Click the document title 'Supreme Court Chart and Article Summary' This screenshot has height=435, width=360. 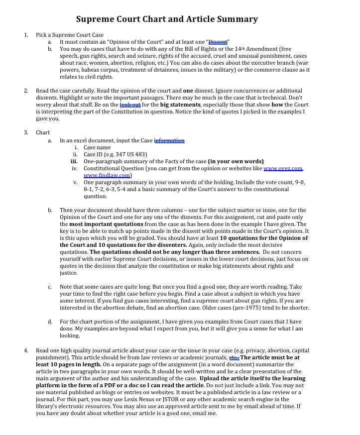click(167, 19)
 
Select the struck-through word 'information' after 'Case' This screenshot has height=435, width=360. click(169, 141)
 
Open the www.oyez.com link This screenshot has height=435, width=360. click(283, 169)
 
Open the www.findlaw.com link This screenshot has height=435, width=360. click(107, 176)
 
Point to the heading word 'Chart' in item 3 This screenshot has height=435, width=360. click(43, 133)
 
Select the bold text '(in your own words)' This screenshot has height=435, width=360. click(236, 161)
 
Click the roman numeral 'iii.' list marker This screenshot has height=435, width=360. click(74, 161)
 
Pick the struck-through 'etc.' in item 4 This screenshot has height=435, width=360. click(234, 357)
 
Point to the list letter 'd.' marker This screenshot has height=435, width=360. click(50, 322)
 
